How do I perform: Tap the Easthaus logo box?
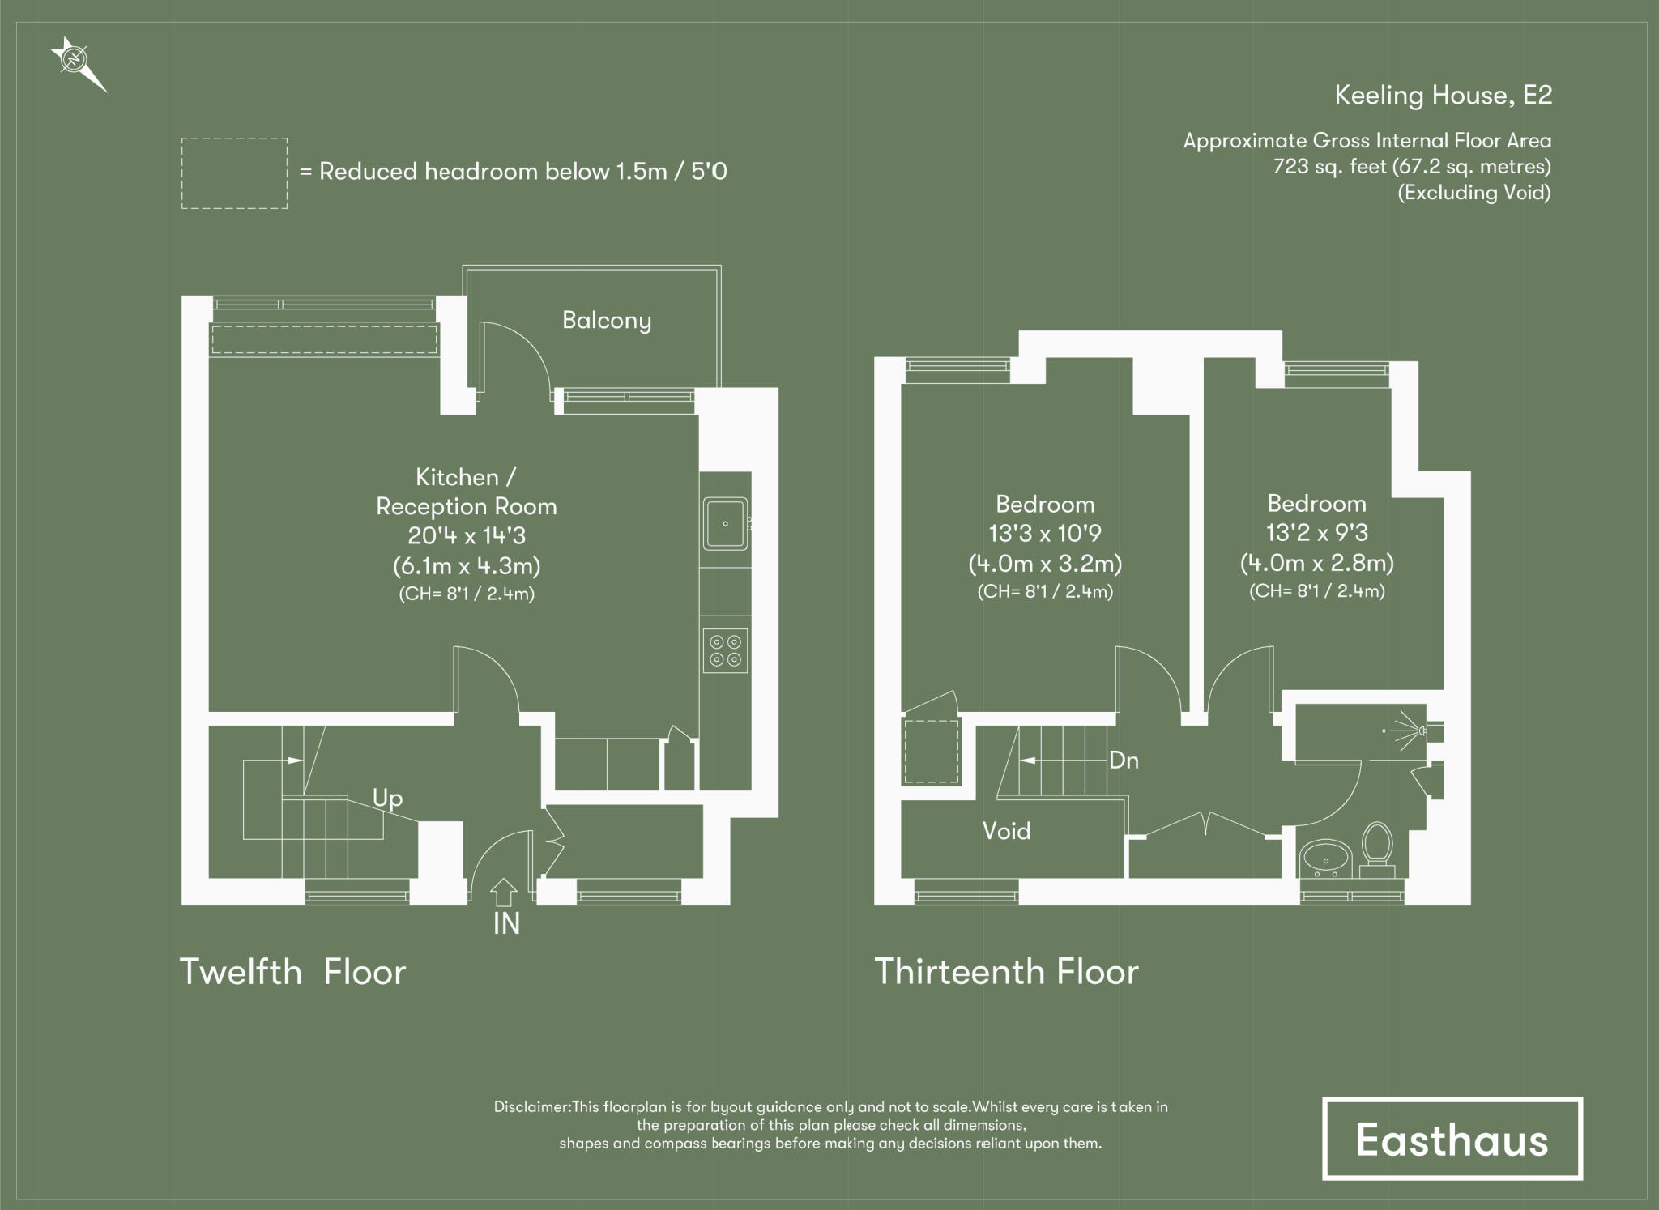tap(1452, 1139)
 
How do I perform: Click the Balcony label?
tap(607, 321)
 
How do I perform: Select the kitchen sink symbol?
tap(725, 523)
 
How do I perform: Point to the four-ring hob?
tap(725, 650)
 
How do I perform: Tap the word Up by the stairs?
tap(387, 799)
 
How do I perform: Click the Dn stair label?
tap(1124, 761)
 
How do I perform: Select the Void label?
tap(1006, 831)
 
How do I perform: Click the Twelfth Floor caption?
tap(292, 972)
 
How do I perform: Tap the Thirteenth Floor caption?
tap(1006, 972)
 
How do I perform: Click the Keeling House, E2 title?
tap(1443, 96)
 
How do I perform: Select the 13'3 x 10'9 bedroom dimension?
tap(1045, 534)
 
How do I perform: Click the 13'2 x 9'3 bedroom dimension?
tap(1316, 533)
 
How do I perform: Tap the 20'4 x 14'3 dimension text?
tap(467, 535)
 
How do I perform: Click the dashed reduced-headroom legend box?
tap(234, 173)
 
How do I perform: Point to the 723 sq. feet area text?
tap(1411, 167)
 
